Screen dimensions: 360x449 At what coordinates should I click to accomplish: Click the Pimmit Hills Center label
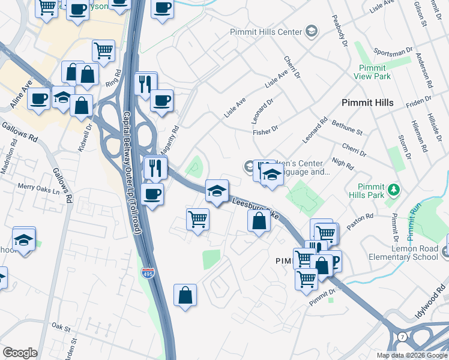267,31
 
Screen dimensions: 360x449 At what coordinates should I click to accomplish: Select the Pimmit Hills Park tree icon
394,190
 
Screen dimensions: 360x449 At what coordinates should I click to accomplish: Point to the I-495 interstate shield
147,274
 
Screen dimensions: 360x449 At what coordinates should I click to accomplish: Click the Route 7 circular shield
402,337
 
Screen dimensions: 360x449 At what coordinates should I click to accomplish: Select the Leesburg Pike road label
255,208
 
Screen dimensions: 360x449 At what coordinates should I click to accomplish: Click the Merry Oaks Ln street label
39,187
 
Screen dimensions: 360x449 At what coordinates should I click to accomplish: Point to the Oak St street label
61,328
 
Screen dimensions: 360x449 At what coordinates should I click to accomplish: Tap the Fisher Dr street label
266,128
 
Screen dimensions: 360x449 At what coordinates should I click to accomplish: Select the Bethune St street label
347,128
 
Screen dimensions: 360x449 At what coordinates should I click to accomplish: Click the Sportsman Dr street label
393,52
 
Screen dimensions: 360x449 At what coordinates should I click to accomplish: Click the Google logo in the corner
20,353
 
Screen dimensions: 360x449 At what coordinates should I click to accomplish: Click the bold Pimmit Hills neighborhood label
367,103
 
